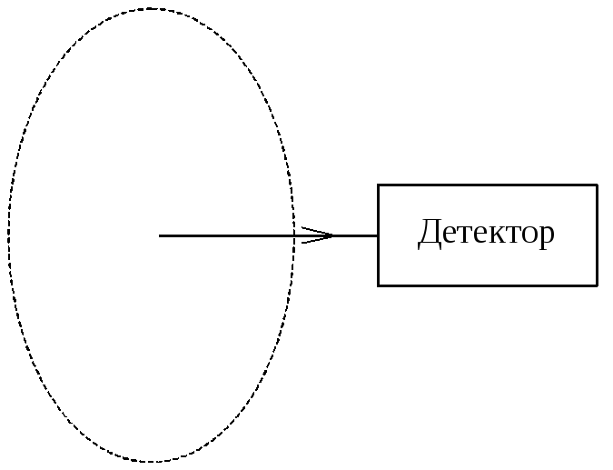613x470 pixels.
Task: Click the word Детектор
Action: coord(486,234)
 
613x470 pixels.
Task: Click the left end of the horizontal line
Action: coord(160,235)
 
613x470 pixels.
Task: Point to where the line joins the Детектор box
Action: coord(378,235)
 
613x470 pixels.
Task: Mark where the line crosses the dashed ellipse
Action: coord(293,235)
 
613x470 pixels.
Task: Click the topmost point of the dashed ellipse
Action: coord(151,9)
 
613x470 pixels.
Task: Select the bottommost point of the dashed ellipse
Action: coord(151,461)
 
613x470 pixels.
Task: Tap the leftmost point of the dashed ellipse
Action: coord(9,235)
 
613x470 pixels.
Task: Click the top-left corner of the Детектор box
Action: coord(378,185)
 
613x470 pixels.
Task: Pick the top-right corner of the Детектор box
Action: coord(598,185)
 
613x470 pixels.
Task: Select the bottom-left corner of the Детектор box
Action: coord(378,285)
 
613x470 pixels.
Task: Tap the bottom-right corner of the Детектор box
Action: coord(598,285)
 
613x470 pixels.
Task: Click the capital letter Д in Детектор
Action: coord(429,234)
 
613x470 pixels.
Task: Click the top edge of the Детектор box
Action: coord(488,185)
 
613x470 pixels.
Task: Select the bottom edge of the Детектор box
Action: coord(488,285)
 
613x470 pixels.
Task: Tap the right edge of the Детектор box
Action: coord(598,235)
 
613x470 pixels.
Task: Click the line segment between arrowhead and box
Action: coord(356,235)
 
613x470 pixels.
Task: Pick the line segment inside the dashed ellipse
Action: coord(227,235)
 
